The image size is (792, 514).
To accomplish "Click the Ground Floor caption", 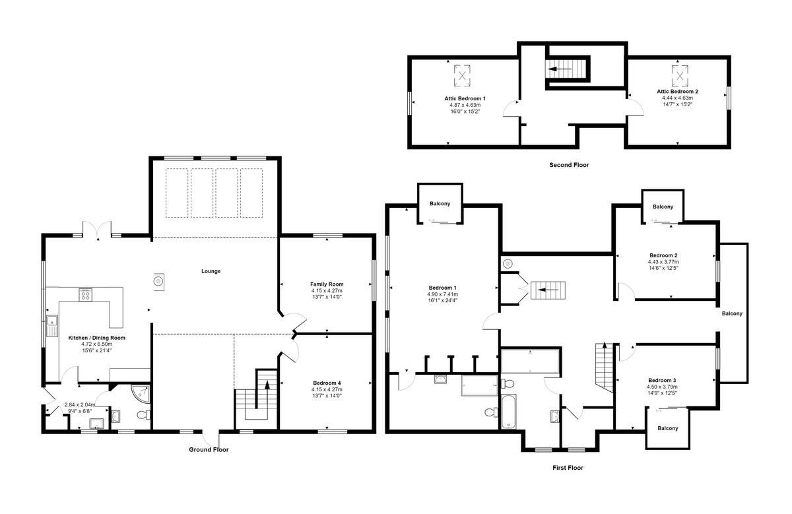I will coord(209,449).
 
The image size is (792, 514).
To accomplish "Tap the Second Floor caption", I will coord(568,165).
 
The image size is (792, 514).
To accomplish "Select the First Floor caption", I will coord(568,468).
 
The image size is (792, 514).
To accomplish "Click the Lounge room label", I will coord(211,271).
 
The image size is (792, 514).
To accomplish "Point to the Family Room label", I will coord(327,284).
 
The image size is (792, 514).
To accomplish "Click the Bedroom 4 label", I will coord(327,383).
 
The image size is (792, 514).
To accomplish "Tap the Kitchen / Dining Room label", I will coord(97,337).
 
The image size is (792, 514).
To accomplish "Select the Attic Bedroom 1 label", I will coord(465,98).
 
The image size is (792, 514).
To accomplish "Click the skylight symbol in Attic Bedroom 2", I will coord(679,75).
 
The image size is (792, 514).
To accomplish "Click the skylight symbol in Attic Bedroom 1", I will coord(462,76).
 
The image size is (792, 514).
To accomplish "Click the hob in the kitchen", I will coord(85,294).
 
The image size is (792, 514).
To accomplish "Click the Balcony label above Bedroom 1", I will coord(440,204).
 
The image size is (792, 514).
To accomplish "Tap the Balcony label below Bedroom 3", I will coord(667,428).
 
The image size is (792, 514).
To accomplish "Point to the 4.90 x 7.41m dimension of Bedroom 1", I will coord(442,294).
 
